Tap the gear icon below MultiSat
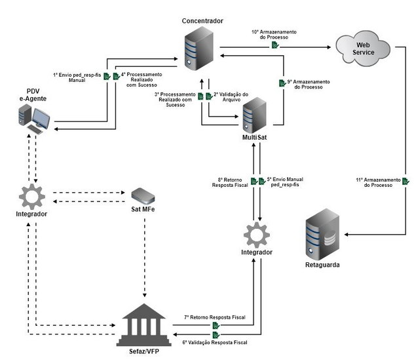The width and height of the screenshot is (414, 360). [x=255, y=233]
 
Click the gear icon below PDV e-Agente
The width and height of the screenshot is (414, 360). [x=30, y=195]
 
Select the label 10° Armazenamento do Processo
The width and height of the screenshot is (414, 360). [x=274, y=33]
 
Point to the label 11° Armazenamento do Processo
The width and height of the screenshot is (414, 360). [x=377, y=182]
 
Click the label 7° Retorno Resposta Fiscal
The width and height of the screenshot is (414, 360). [x=215, y=317]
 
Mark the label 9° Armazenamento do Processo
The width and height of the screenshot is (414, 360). [x=308, y=85]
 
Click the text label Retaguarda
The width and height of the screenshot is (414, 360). [x=323, y=265]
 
